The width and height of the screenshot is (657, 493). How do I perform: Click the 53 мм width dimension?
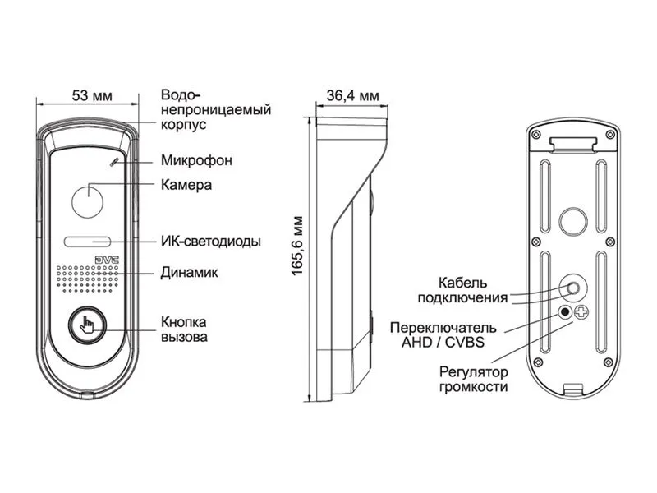point(92,95)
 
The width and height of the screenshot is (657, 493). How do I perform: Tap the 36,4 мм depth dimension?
point(353,96)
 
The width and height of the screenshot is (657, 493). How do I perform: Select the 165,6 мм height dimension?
point(297,246)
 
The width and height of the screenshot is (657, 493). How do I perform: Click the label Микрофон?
point(196,160)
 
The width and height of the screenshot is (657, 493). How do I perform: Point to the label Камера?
point(186,185)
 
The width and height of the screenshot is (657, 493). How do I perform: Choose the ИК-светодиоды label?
point(211,242)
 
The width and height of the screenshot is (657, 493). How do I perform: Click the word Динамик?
point(190,273)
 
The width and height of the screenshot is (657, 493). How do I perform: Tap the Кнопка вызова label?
point(184,329)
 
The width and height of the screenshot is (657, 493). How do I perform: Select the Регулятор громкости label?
point(474,379)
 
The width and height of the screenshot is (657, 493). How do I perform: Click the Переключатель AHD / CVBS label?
point(443,335)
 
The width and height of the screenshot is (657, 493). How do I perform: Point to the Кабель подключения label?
point(462,290)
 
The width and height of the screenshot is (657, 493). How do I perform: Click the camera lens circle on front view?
point(88,201)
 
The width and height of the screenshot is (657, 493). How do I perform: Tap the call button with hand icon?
point(87,325)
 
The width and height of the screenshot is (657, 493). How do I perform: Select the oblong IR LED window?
point(87,242)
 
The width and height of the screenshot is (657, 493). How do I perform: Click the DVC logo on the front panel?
point(107,260)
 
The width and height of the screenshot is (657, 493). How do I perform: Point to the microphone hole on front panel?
point(113,162)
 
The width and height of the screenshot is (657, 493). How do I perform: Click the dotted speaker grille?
point(87,279)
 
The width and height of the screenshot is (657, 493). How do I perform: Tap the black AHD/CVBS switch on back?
point(565,312)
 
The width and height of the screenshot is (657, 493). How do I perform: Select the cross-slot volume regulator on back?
point(581,312)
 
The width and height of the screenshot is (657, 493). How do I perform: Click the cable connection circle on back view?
point(572,288)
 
